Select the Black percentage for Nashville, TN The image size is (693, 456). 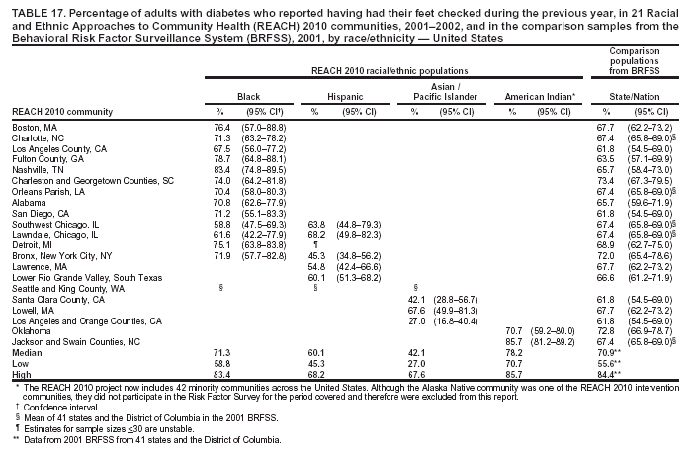pos(222,170)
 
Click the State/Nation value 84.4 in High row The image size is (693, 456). pos(608,373)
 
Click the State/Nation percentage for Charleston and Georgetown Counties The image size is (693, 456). pos(606,181)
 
